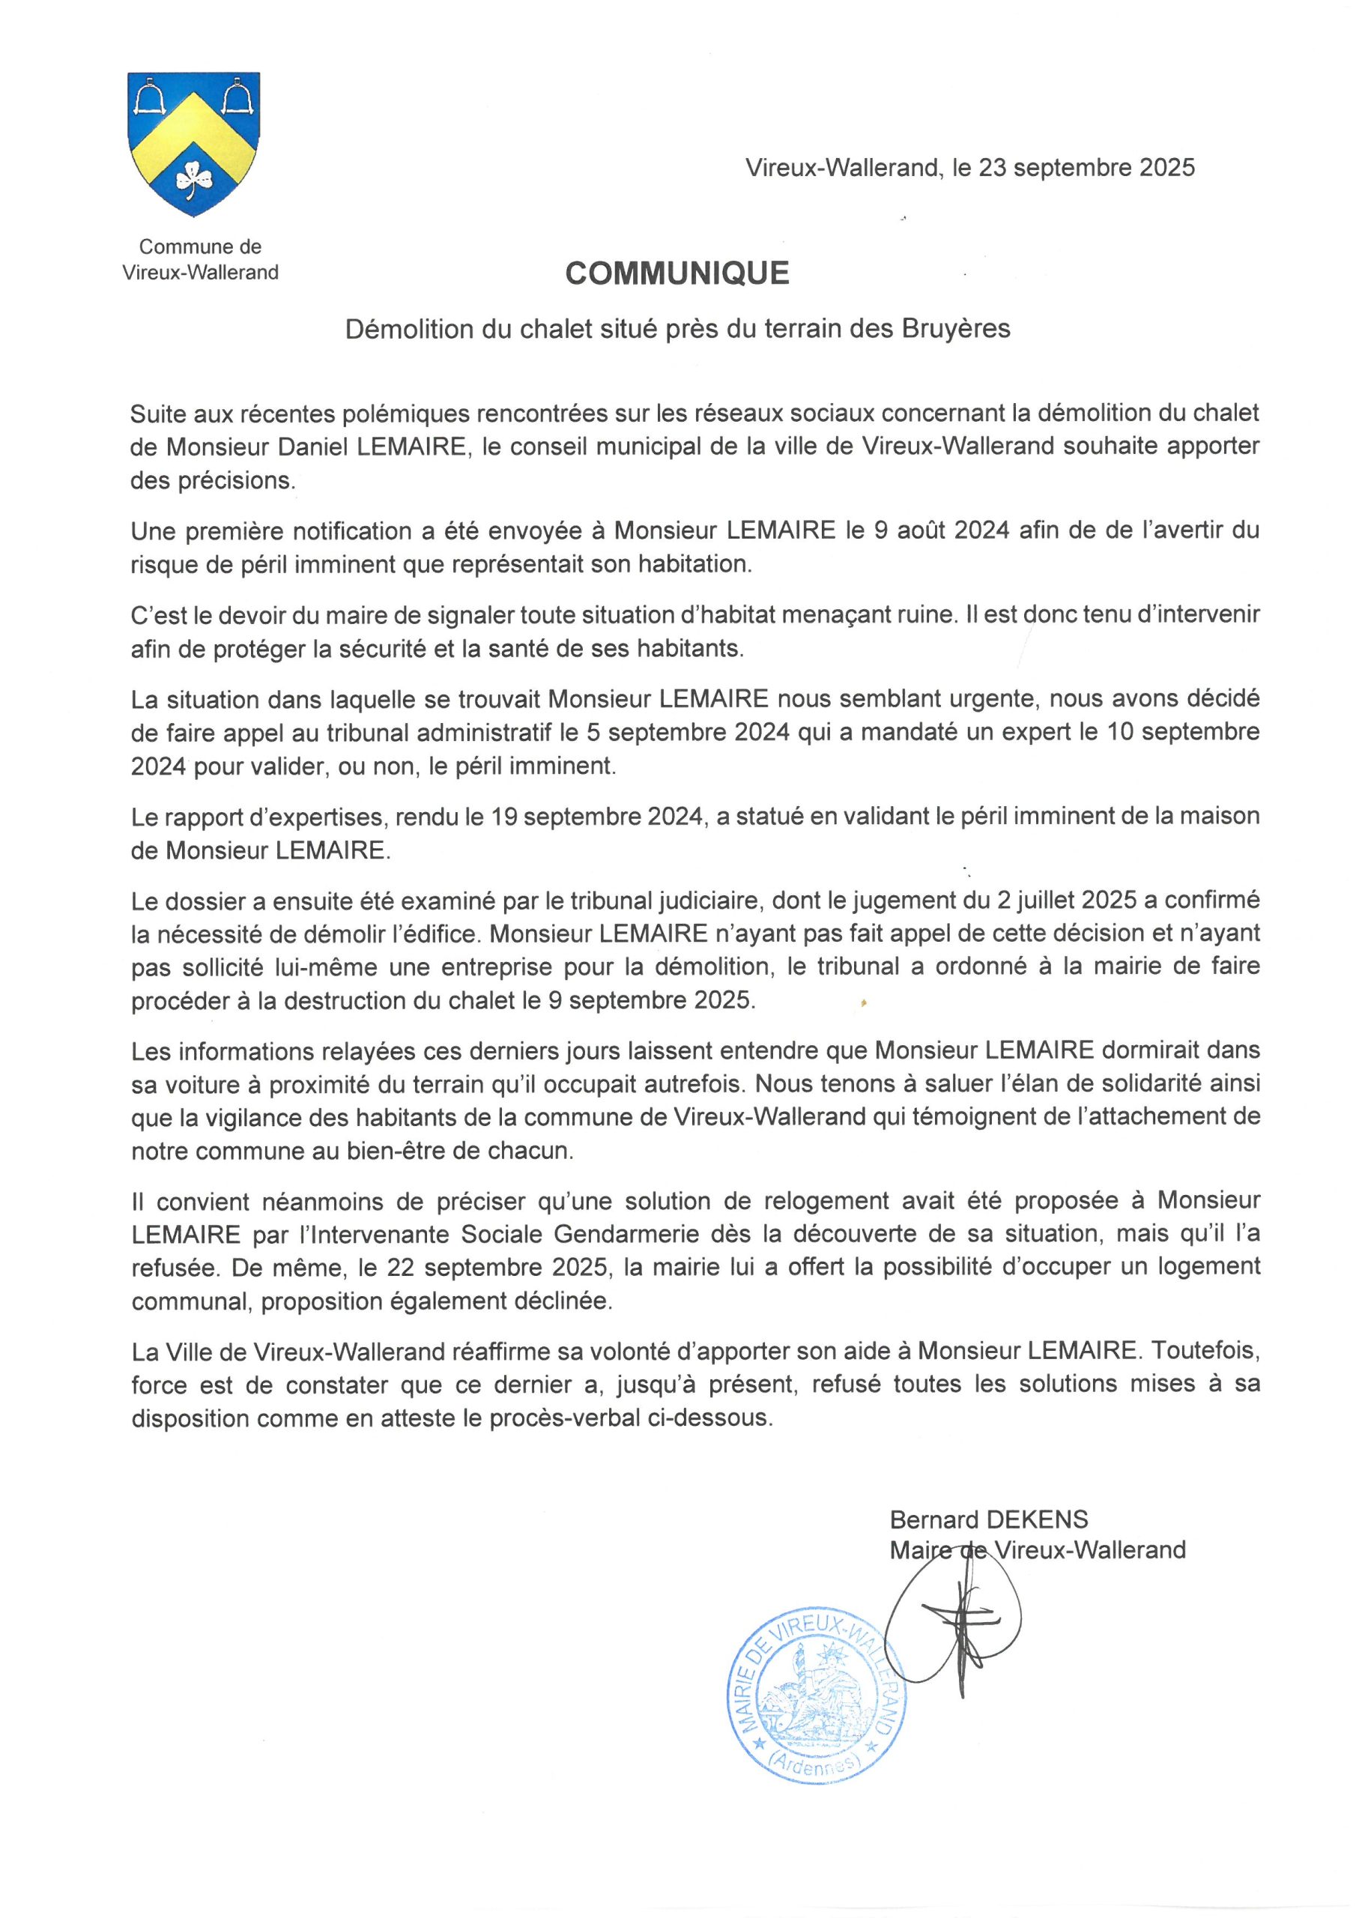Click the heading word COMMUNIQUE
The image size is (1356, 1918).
(677, 273)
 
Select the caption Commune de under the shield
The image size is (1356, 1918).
(201, 246)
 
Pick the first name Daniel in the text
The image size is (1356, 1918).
(315, 447)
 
